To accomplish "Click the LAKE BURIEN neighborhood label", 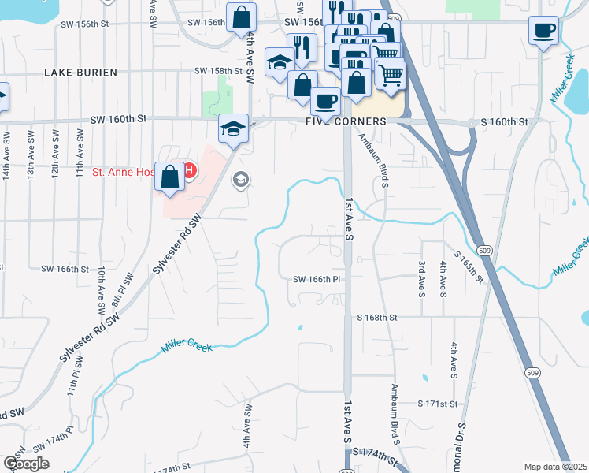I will (80, 73).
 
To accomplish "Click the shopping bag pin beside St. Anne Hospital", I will (170, 177).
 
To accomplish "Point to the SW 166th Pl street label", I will (315, 279).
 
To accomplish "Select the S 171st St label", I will (438, 404).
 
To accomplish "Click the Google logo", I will (26, 463).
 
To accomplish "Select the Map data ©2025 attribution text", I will (555, 467).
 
